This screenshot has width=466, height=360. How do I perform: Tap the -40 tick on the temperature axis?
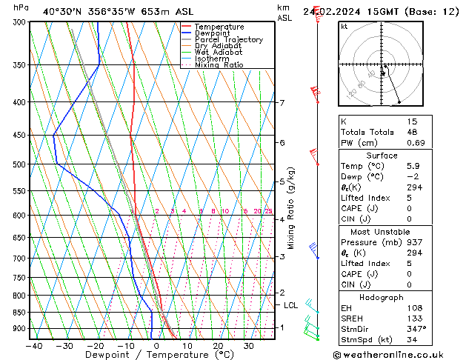click(33, 345)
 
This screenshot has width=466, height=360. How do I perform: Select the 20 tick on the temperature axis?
click(217, 345)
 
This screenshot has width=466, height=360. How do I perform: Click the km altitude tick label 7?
click(282, 103)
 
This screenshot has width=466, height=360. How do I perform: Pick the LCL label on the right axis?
click(290, 305)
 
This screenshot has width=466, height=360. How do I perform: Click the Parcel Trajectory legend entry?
click(228, 40)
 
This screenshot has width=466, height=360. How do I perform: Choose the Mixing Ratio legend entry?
click(219, 65)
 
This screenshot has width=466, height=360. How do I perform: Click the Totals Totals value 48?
click(412, 133)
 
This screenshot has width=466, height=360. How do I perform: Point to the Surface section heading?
click(382, 156)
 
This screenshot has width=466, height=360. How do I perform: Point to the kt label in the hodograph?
click(344, 27)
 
